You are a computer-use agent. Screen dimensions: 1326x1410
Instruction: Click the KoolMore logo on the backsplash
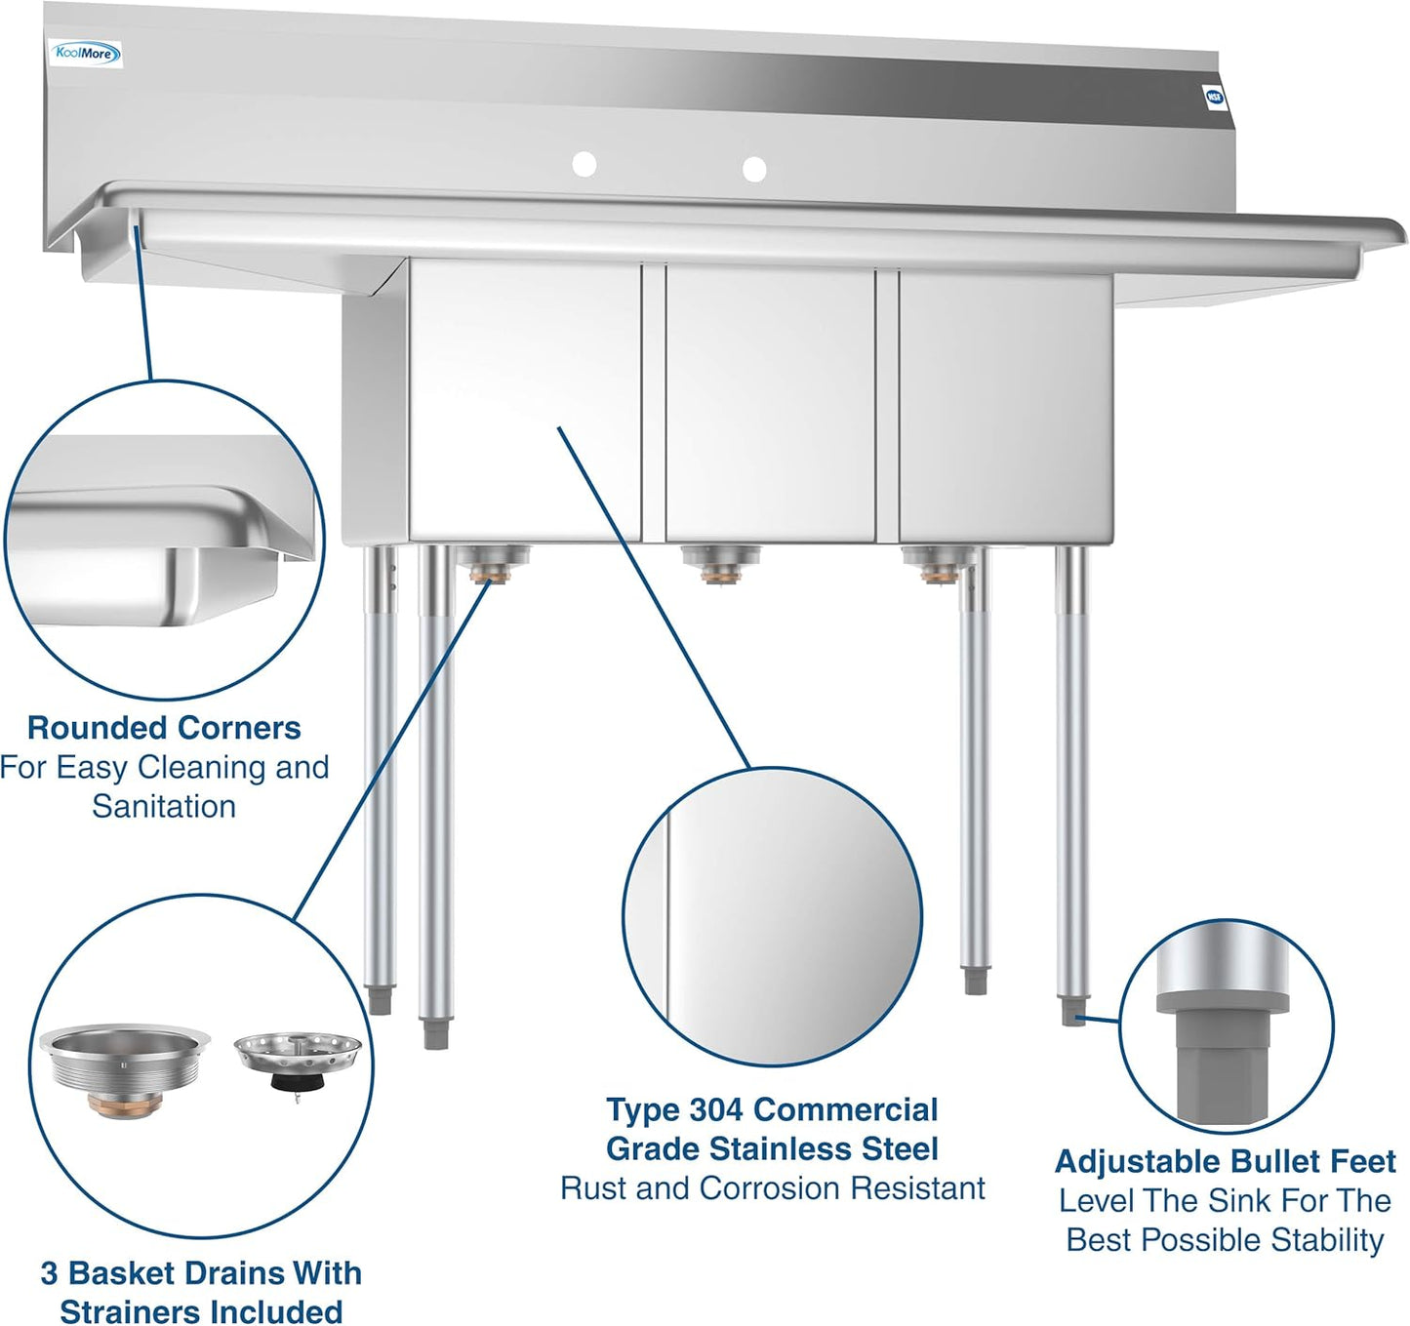click(x=86, y=54)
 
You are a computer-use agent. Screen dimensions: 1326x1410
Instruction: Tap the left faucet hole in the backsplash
click(x=584, y=164)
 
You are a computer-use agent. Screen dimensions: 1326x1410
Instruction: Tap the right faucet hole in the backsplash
click(x=753, y=169)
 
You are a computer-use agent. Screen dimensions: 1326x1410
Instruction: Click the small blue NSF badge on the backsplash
click(x=1214, y=96)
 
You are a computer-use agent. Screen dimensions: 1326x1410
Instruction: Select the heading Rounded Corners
click(x=164, y=728)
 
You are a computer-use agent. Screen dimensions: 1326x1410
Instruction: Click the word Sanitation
click(x=164, y=806)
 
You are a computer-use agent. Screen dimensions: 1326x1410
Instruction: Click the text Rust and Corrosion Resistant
click(x=772, y=1187)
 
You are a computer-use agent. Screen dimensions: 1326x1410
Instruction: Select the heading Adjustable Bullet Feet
click(x=1225, y=1161)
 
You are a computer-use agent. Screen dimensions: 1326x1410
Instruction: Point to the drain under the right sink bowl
click(x=939, y=563)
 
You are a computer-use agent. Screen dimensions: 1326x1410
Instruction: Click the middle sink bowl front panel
click(x=770, y=400)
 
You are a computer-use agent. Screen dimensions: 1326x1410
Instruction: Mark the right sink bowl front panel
click(x=1005, y=405)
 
